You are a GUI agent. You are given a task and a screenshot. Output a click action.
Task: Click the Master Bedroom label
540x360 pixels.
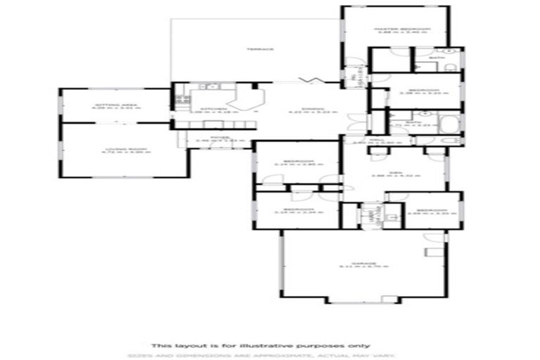point(402,29)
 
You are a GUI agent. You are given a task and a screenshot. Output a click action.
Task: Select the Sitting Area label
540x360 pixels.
point(115,105)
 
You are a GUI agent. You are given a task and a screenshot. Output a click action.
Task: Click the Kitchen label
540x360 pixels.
point(214,110)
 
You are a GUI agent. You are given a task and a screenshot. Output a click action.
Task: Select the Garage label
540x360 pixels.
point(364,264)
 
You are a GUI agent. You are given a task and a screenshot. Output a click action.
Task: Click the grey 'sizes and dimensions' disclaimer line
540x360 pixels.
point(270,355)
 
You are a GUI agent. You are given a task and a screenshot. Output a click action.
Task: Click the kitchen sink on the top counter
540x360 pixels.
point(210,87)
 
